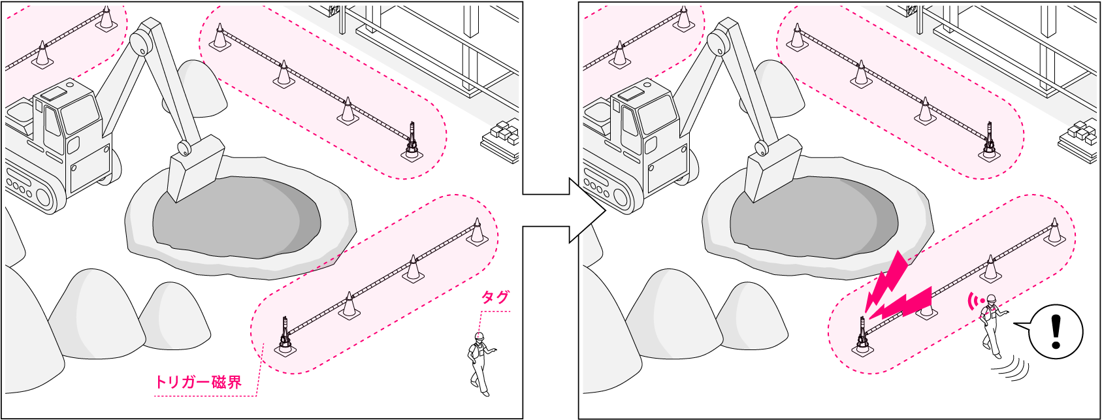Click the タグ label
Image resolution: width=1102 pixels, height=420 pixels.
pyautogui.click(x=494, y=297)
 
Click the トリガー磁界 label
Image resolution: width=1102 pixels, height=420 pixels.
pyautogui.click(x=199, y=382)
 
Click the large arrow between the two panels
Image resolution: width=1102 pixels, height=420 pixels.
pyautogui.click(x=564, y=210)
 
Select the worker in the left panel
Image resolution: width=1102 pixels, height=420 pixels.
pyautogui.click(x=479, y=364)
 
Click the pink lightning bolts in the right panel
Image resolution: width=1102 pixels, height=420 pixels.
pyautogui.click(x=896, y=290)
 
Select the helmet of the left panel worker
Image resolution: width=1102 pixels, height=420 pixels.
pyautogui.click(x=479, y=336)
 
